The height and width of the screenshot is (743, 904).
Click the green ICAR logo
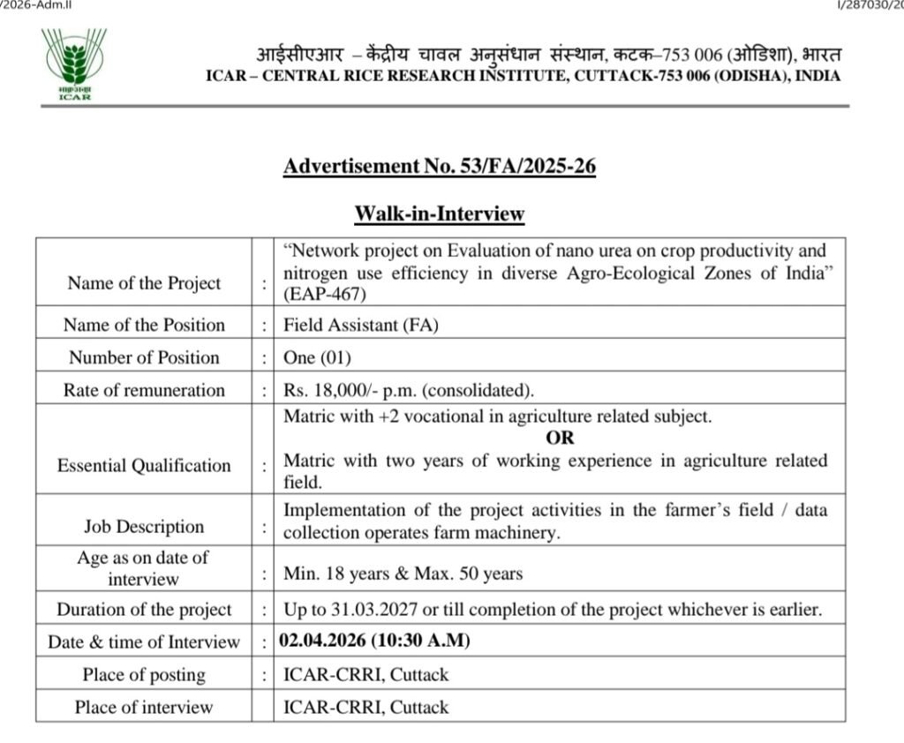(72, 64)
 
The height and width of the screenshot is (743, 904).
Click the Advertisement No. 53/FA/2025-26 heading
(439, 165)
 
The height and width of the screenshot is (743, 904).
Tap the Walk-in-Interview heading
(439, 214)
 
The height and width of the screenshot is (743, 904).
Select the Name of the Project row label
(143, 283)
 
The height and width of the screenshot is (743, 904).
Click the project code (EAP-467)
(324, 294)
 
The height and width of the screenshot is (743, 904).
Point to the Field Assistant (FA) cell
(360, 325)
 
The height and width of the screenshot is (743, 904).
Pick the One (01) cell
(313, 357)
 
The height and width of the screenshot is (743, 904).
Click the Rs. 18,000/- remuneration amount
(322, 390)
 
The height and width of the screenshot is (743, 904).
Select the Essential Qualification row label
(143, 466)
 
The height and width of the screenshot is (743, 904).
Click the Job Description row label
(143, 527)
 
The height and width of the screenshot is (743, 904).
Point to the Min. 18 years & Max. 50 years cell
(403, 574)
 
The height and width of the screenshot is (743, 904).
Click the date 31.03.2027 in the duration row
(366, 610)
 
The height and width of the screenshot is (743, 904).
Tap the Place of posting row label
(143, 675)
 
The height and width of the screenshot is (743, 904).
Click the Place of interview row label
(143, 708)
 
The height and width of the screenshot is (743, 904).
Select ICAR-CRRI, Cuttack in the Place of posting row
(365, 675)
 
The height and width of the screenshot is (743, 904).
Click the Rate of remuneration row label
(143, 390)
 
